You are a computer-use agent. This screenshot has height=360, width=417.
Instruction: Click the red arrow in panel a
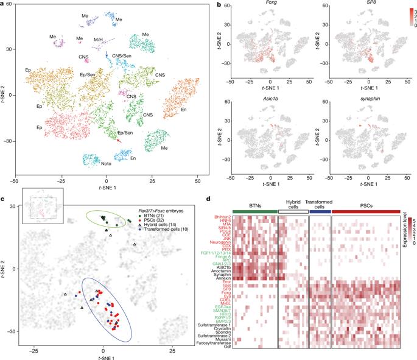pyautogui.click(x=119, y=140)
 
